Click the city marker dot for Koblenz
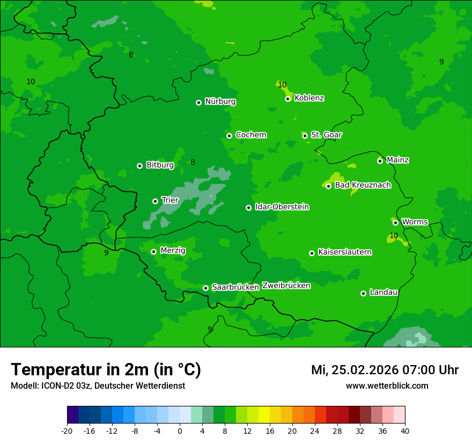click(x=288, y=99)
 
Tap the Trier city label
click(x=170, y=200)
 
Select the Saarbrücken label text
click(x=235, y=287)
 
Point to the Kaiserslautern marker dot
click(x=312, y=253)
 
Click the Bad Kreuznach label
click(x=363, y=185)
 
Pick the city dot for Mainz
click(x=380, y=161)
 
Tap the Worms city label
click(x=415, y=221)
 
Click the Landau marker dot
click(x=364, y=293)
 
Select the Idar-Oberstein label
click(x=282, y=207)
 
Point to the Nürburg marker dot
click(x=199, y=102)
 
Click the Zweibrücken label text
click(x=286, y=285)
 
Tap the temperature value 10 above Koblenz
click(x=282, y=85)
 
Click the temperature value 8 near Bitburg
click(x=193, y=162)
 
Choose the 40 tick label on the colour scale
click(x=405, y=431)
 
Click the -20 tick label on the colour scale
click(x=67, y=431)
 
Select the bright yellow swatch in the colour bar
click(x=264, y=415)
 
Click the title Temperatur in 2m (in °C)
click(x=106, y=369)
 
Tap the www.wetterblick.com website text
click(x=387, y=385)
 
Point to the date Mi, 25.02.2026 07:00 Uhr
click(x=385, y=370)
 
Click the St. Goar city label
click(x=327, y=135)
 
